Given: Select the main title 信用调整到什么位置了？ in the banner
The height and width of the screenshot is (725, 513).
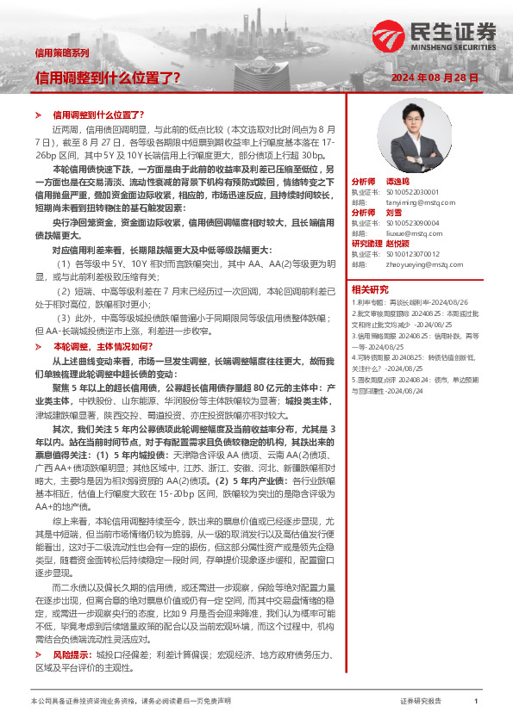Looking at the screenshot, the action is click(x=108, y=77).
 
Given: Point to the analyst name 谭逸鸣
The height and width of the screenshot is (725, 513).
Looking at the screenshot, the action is click(x=396, y=183).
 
